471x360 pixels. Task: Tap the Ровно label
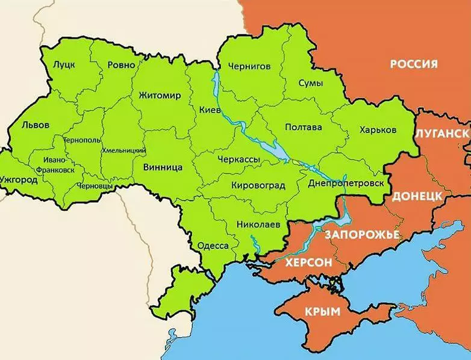tap(121, 64)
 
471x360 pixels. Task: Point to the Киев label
tap(209, 110)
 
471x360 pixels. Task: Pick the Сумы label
tap(310, 83)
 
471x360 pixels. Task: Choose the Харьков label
tap(378, 129)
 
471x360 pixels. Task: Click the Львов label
tap(36, 125)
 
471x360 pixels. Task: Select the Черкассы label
tap(239, 158)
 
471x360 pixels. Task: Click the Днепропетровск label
tap(345, 182)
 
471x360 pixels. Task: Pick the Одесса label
tap(213, 246)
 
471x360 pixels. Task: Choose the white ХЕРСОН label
tap(308, 262)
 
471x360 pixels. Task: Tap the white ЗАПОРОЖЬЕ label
tap(361, 234)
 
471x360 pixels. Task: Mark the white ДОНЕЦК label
tap(417, 197)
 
